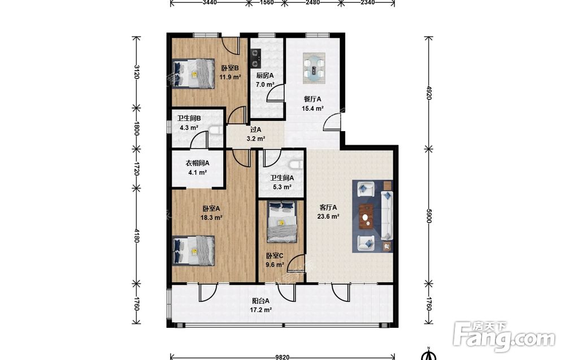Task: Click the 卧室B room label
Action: click(x=231, y=68)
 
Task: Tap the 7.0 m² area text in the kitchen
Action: click(x=265, y=85)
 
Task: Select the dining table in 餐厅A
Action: click(x=314, y=68)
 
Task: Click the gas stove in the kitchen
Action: click(x=256, y=58)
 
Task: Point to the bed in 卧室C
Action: click(x=281, y=222)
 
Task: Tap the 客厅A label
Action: click(x=328, y=207)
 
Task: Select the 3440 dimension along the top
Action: click(x=210, y=2)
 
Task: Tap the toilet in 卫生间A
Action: click(x=296, y=164)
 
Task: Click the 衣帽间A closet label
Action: click(x=197, y=163)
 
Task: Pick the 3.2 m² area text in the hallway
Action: click(x=256, y=138)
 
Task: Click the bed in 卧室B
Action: click(x=193, y=73)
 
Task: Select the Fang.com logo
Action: click(x=504, y=337)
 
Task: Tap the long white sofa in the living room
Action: click(x=387, y=215)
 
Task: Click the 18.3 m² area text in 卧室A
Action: click(x=211, y=218)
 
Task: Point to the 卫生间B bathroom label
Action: click(x=189, y=118)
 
